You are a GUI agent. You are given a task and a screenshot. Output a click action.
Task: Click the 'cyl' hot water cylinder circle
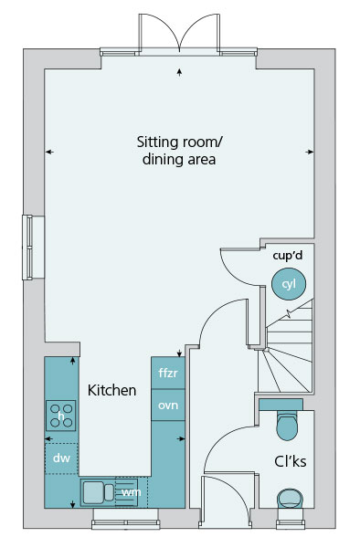click(289, 284)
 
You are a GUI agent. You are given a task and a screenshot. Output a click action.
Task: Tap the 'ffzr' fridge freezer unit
click(168, 373)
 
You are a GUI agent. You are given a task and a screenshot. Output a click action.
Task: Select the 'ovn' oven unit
click(168, 405)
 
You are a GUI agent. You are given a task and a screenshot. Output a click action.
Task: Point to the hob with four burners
click(61, 416)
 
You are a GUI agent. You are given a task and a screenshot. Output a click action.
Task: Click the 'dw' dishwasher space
click(61, 458)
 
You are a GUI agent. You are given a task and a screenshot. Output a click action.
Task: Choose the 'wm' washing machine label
click(132, 492)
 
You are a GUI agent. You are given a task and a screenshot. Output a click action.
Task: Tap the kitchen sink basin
click(94, 492)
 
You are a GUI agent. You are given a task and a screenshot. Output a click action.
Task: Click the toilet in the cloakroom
click(287, 426)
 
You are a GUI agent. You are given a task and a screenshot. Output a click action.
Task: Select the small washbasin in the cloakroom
click(290, 499)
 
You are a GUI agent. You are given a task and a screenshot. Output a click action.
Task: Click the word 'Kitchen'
click(111, 390)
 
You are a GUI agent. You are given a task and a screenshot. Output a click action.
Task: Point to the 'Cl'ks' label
click(291, 461)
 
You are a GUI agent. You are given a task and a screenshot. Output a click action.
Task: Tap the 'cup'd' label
click(287, 256)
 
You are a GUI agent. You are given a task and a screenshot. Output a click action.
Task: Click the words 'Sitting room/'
click(180, 142)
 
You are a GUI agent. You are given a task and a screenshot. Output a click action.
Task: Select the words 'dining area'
click(179, 159)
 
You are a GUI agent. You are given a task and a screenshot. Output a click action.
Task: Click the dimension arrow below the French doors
click(180, 72)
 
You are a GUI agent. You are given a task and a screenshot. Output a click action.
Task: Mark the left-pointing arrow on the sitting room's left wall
click(49, 152)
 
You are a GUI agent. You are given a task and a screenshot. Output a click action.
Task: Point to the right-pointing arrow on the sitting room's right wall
click(310, 152)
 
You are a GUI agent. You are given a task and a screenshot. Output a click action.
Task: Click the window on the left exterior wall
click(27, 248)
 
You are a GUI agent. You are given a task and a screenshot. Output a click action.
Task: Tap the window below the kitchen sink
click(126, 522)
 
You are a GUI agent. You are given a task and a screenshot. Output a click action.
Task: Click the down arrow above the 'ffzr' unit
click(180, 353)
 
